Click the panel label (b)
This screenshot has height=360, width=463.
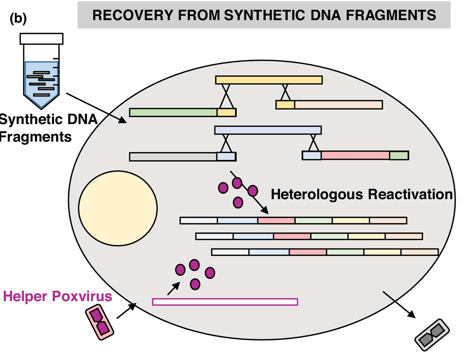click(x=18, y=19)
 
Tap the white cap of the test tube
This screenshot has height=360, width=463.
click(x=41, y=39)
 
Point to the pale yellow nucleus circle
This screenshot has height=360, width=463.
click(x=118, y=209)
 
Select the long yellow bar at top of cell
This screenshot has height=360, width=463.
click(x=269, y=80)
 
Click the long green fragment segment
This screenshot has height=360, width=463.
click(x=173, y=112)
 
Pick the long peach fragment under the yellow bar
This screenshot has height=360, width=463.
click(x=338, y=104)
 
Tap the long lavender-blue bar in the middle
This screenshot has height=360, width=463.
click(x=268, y=130)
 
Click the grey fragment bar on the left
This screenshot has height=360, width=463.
click(x=173, y=157)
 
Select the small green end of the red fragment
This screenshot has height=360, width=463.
click(x=399, y=155)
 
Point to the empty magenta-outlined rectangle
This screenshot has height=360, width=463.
click(x=225, y=302)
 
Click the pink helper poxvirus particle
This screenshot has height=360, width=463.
click(x=99, y=322)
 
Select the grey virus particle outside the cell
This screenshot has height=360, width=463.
click(x=432, y=335)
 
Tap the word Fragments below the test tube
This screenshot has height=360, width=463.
click(x=36, y=137)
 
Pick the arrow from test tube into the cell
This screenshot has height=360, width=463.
click(x=96, y=108)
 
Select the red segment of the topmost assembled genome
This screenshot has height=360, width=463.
click(x=276, y=220)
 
